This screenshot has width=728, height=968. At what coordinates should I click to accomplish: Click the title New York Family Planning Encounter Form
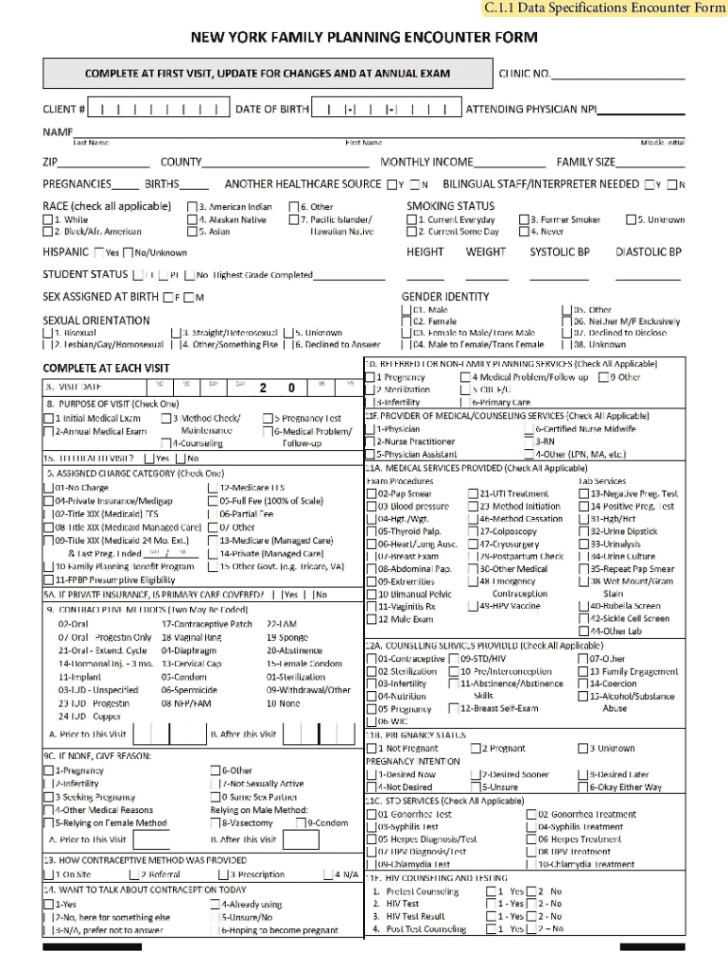coord(364,38)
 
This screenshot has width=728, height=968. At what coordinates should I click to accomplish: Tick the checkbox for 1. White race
coord(48,219)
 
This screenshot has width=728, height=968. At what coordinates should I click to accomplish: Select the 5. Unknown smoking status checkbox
coord(630,219)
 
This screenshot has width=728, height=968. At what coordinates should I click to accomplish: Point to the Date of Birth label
coord(272,110)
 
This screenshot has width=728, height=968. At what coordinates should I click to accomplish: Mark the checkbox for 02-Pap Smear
coord(372,493)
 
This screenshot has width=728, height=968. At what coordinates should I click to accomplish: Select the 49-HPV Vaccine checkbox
coord(473,606)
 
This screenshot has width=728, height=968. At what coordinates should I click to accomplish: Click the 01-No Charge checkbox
coord(48,488)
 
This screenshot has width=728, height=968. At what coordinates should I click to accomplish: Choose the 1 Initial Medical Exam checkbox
coord(48,418)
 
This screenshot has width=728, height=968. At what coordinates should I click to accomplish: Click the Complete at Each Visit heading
coord(106,368)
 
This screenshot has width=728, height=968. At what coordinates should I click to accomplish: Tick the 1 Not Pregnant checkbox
coord(372,748)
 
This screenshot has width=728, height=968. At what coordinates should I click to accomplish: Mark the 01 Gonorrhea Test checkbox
coord(372,814)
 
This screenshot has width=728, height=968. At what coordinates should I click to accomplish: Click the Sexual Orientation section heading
coord(96,320)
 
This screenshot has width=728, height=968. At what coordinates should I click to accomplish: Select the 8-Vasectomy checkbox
coord(215,822)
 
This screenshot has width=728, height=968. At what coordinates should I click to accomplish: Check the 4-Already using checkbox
coord(215,905)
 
